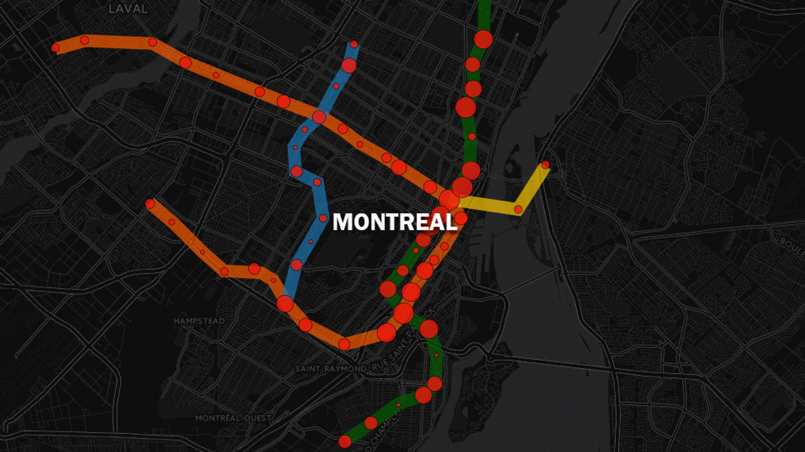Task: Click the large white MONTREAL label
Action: [x=394, y=222]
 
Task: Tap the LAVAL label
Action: [x=128, y=9]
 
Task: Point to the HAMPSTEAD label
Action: [x=199, y=321]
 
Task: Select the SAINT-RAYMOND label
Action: [x=329, y=369]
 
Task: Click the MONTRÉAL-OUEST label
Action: [x=233, y=418]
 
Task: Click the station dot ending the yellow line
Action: [x=545, y=165]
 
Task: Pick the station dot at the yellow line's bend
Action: [x=518, y=209]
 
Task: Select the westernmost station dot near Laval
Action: [x=55, y=48]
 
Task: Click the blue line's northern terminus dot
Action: [x=354, y=44]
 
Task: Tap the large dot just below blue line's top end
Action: [x=349, y=65]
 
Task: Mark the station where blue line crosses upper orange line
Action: [x=319, y=117]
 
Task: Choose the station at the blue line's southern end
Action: [x=284, y=303]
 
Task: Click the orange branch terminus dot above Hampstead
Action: [x=150, y=203]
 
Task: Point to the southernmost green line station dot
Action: [x=345, y=442]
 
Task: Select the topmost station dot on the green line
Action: [x=483, y=39]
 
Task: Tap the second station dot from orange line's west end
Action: [x=84, y=40]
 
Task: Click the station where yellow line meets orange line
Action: [x=449, y=200]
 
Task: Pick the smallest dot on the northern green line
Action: [x=471, y=136]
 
